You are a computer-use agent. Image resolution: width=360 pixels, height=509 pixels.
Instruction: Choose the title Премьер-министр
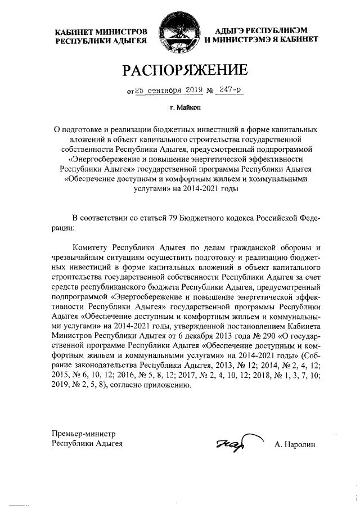coord(83,434)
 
